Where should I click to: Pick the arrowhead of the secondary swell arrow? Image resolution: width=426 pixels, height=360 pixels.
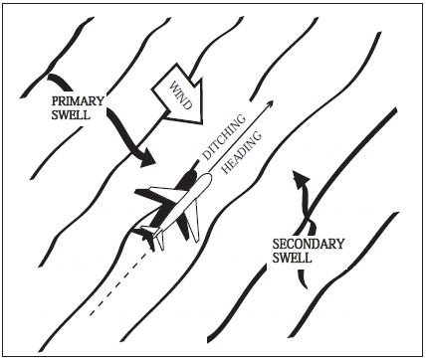pos(296,175)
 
